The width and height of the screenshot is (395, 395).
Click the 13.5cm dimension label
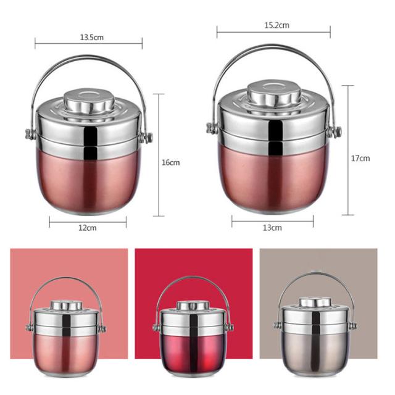(92, 37)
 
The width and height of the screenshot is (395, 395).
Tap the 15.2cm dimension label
(276, 25)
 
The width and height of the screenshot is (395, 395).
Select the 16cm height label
(171, 162)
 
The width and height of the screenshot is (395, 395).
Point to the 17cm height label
(360, 158)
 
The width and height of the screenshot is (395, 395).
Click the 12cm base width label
(88, 228)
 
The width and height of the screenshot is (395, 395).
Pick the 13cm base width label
(272, 228)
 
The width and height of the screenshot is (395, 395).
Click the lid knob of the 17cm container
(274, 93)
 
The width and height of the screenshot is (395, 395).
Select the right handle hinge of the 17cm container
(335, 131)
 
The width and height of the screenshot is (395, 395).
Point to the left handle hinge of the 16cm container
(31, 134)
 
